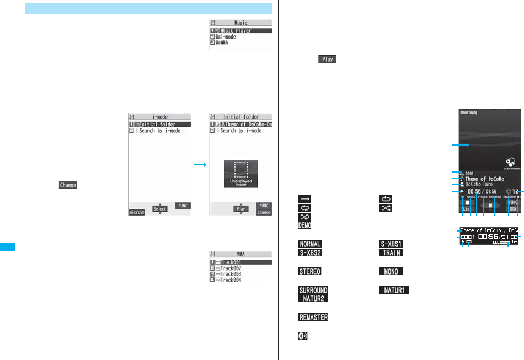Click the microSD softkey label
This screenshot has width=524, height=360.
click(136, 212)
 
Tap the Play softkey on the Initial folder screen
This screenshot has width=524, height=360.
click(240, 209)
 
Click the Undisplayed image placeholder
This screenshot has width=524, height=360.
click(240, 174)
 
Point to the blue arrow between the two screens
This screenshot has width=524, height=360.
click(200, 164)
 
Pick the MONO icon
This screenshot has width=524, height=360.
click(391, 271)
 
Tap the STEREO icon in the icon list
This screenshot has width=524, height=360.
click(310, 271)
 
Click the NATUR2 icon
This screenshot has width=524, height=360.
click(313, 299)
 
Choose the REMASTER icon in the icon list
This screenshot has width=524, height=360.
click(313, 318)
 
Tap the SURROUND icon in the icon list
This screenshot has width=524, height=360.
click(313, 290)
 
